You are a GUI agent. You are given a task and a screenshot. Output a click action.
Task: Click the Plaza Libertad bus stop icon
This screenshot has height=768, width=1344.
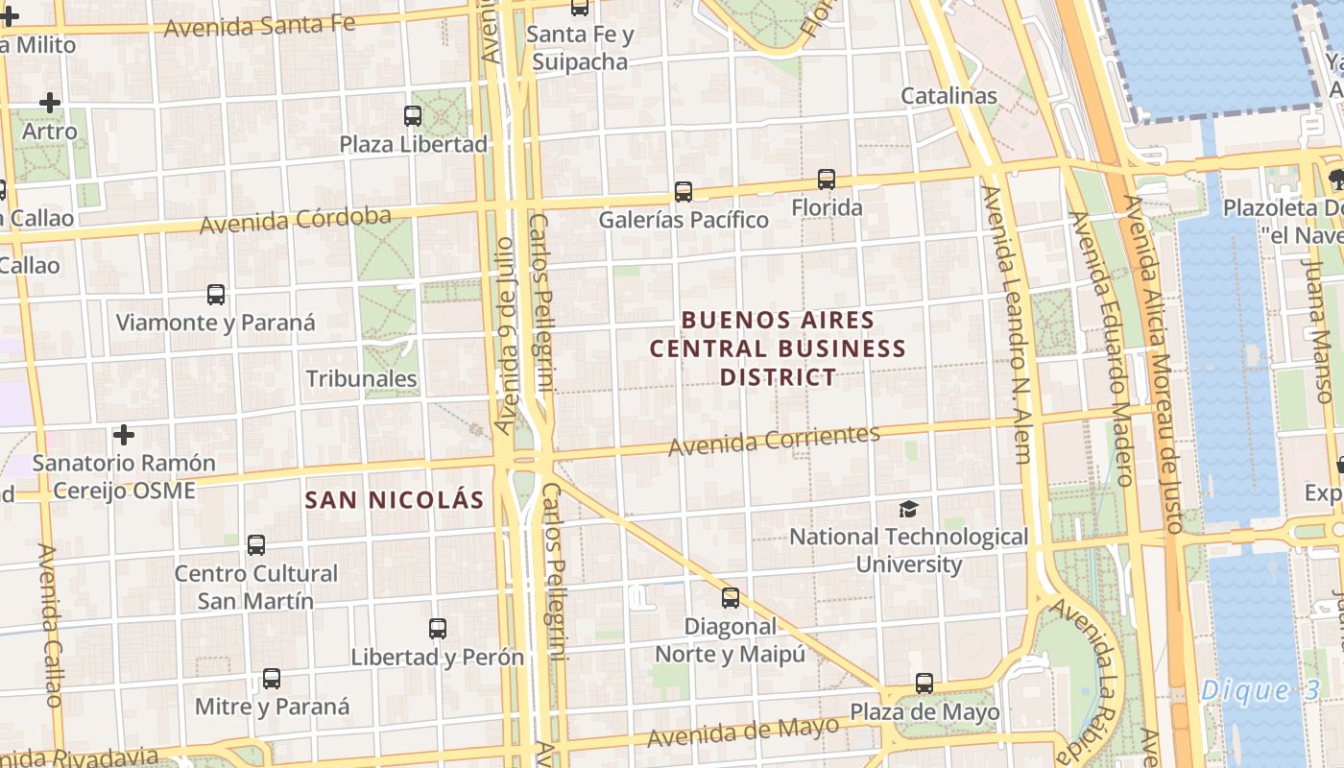(x=413, y=116)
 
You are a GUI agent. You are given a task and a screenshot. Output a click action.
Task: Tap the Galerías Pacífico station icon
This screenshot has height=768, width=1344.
(x=684, y=191)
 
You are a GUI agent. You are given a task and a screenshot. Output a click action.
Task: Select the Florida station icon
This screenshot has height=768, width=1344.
(x=827, y=179)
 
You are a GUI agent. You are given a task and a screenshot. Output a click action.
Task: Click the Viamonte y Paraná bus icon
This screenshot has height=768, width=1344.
(x=216, y=295)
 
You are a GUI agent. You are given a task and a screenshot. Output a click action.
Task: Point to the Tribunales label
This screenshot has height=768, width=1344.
(x=361, y=378)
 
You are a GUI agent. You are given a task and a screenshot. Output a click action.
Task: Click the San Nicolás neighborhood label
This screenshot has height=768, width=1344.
(x=395, y=500)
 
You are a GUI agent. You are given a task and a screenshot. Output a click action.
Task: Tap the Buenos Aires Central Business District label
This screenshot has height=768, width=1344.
(x=778, y=348)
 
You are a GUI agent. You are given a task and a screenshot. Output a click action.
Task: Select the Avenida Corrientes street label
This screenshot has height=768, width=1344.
(x=774, y=440)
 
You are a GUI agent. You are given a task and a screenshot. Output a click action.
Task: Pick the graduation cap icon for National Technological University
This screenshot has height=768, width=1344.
(x=908, y=509)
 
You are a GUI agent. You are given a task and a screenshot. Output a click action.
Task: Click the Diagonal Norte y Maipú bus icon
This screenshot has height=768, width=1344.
(x=731, y=598)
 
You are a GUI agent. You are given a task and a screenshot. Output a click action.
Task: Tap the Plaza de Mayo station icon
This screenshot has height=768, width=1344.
(x=924, y=684)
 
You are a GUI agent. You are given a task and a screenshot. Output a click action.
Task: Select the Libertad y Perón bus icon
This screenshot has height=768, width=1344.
(x=438, y=629)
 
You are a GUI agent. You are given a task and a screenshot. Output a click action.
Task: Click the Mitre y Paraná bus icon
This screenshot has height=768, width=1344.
(x=272, y=679)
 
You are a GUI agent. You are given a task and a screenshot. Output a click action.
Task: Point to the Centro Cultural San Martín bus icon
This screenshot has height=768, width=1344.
(x=256, y=545)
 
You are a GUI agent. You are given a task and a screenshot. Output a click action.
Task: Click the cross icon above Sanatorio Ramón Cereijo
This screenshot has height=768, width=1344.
(x=124, y=435)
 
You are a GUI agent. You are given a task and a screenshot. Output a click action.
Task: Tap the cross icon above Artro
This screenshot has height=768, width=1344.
(x=50, y=102)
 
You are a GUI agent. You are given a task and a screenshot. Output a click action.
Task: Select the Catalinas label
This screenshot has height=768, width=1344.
(x=948, y=96)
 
